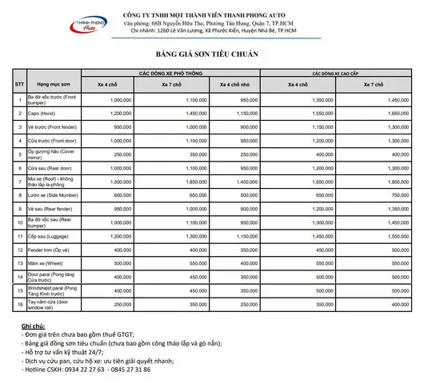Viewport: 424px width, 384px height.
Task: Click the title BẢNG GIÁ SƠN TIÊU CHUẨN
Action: pyautogui.click(x=212, y=54)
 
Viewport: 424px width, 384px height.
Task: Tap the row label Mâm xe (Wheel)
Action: pyautogui.click(x=47, y=263)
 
